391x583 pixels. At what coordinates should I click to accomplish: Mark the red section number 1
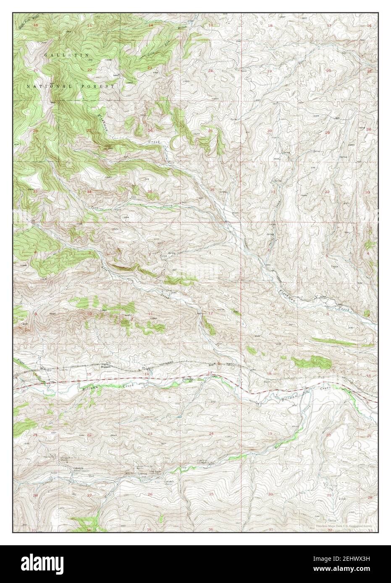pos(210,253)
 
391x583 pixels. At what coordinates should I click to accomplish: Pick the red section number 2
pos(150,254)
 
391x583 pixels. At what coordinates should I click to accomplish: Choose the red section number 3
pos(89,253)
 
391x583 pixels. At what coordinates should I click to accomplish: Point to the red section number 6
pos(269,250)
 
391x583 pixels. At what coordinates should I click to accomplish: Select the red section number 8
pos(327,313)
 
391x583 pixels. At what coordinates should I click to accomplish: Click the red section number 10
pos(89,314)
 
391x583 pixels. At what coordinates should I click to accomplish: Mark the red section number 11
pos(150,314)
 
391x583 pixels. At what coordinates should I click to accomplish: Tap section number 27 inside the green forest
pos(89,131)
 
